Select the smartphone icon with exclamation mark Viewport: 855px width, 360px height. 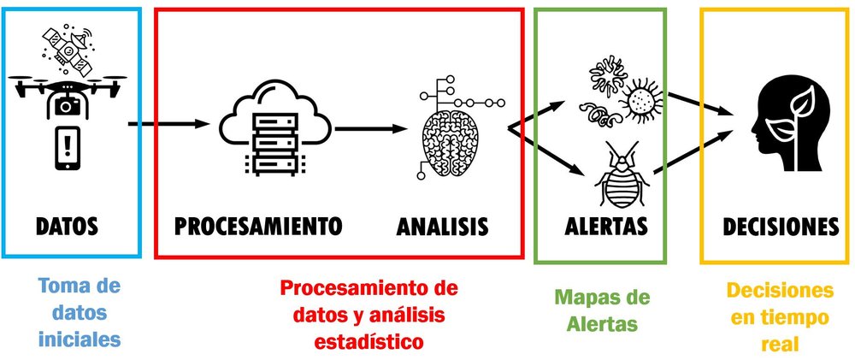point(68,145)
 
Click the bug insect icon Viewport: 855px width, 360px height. point(622,178)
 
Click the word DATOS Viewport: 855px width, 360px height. point(68,227)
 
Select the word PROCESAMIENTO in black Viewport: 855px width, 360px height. point(257,227)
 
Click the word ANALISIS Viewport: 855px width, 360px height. point(442,227)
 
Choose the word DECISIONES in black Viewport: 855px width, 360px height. point(781,227)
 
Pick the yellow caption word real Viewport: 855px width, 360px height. point(780,345)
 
